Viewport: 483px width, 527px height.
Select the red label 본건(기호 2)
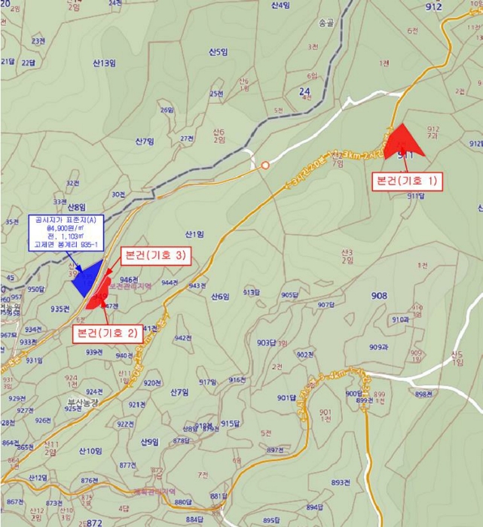point(108,332)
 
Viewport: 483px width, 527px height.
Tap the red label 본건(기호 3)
point(155,256)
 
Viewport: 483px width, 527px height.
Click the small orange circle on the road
point(265,165)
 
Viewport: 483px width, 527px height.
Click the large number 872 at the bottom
point(93,522)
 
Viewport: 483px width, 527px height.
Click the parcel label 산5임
point(219,52)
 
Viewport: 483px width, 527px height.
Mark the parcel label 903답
point(267,343)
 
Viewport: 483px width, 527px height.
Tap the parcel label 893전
point(341,482)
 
